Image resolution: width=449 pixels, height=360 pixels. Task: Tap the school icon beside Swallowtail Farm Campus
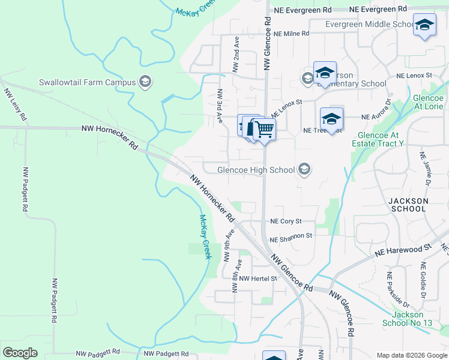tap(144, 82)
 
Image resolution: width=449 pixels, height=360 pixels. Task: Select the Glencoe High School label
tap(256, 170)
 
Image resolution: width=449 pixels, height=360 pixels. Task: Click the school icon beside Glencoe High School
tap(304, 170)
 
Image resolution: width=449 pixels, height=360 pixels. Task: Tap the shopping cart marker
tap(264, 129)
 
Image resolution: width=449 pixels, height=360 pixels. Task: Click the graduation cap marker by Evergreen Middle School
tap(424, 25)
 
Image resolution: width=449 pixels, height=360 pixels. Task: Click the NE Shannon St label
tap(291, 237)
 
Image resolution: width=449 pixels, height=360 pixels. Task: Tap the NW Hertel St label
tap(258, 278)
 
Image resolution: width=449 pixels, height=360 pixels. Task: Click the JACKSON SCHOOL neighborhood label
tap(408, 205)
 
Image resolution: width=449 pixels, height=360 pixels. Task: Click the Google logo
tap(20, 353)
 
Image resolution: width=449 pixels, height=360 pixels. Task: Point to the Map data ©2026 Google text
tap(411, 355)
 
